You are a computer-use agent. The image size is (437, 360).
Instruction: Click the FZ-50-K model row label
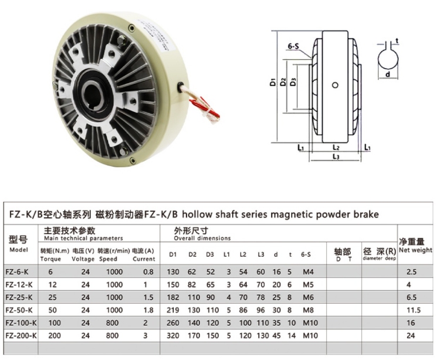tap(19, 310)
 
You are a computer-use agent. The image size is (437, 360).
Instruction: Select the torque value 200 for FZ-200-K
tap(55, 335)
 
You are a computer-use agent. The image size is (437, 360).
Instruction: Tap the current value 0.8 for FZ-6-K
tap(148, 271)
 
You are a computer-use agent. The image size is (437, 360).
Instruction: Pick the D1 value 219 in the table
tap(173, 310)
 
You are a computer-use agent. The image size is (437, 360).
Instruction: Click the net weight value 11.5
tap(414, 310)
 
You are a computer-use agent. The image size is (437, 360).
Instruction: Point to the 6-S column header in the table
tap(306, 254)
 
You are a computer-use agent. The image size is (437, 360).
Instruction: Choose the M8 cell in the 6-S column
tap(308, 310)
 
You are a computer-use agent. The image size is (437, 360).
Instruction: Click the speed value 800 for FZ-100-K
tap(112, 322)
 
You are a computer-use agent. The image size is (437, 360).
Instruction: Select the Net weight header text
tap(415, 250)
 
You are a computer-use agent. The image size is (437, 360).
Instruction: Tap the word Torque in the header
tap(50, 259)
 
